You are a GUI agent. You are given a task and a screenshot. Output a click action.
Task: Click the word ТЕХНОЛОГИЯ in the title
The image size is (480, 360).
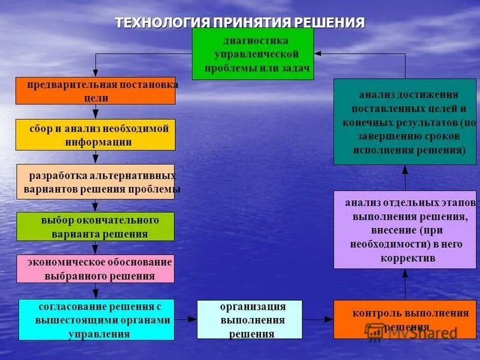(162, 23)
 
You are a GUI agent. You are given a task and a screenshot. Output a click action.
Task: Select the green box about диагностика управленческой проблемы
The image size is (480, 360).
(253, 54)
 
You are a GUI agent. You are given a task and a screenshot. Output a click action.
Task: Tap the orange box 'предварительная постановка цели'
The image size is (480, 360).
(95, 91)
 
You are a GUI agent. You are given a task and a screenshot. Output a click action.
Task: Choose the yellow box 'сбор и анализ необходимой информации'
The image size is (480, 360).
(95, 134)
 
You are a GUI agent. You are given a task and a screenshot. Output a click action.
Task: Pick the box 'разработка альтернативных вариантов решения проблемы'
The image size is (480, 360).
(95, 182)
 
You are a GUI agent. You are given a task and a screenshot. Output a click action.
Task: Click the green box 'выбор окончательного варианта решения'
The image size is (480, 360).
(95, 226)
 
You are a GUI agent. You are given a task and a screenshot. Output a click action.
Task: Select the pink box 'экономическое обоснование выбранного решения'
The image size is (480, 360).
(95, 269)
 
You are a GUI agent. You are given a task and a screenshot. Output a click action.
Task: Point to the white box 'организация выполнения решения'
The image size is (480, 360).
(252, 320)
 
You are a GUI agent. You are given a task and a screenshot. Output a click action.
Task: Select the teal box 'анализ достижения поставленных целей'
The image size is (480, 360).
(405, 122)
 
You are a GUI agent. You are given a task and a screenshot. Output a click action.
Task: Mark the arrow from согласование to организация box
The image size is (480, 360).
(185, 320)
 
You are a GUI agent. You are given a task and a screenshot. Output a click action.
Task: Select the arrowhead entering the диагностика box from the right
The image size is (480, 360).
(318, 53)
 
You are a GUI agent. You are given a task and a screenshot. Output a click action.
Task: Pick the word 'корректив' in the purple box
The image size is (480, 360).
(407, 258)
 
